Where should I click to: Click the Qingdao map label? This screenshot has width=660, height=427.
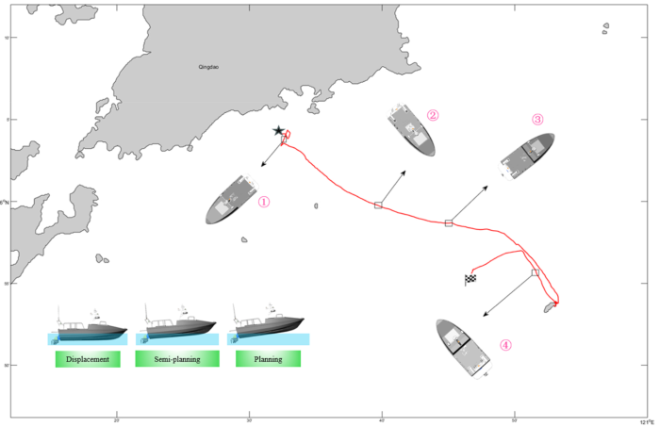(x=208, y=68)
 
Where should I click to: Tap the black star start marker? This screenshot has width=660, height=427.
(x=278, y=132)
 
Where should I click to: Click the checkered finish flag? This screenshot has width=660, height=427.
(x=470, y=278)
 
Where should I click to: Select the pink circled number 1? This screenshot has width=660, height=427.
(x=264, y=202)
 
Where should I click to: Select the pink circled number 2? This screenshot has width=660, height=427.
(x=433, y=116)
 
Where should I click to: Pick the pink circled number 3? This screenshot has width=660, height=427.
(x=537, y=120)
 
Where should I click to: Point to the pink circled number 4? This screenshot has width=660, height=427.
(x=505, y=345)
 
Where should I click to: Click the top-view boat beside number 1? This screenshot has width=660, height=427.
(x=233, y=199)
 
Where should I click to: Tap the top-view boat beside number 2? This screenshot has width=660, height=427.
(x=412, y=131)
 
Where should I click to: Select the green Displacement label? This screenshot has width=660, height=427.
(x=88, y=359)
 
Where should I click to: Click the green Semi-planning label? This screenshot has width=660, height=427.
(x=177, y=359)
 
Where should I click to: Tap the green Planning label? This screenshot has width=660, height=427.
(x=267, y=359)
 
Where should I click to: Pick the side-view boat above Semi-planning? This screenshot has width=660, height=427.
(x=176, y=326)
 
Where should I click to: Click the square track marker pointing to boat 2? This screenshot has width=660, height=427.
(x=378, y=205)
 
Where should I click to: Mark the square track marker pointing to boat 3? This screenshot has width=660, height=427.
(x=449, y=222)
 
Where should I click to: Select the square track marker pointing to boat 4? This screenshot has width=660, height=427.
(x=535, y=272)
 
